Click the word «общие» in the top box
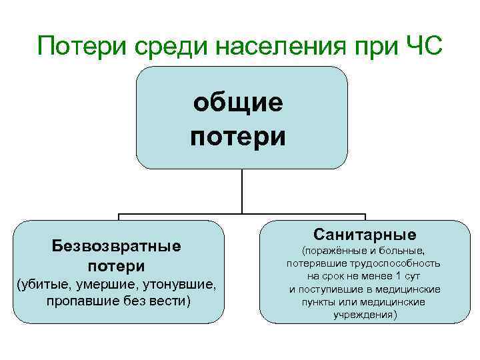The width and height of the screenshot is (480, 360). point(238,103)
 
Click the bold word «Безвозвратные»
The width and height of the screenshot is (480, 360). point(117,246)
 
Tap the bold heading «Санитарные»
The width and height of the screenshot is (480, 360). point(365,235)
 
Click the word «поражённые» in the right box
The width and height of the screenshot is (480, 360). point(333,251)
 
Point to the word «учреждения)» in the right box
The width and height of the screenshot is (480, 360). point(365,314)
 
